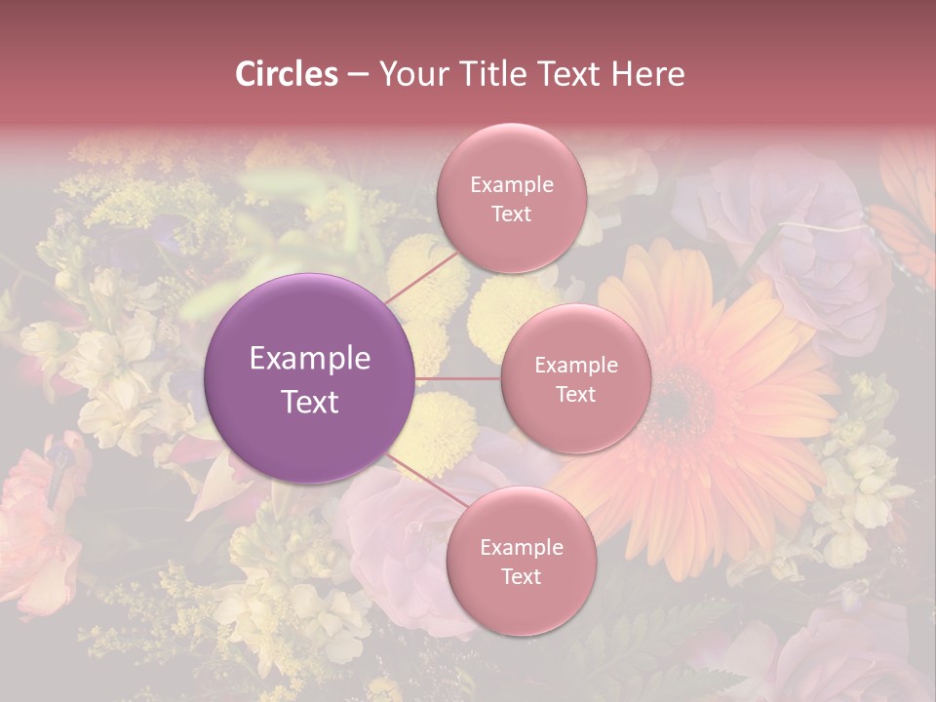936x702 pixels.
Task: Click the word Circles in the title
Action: coord(286,74)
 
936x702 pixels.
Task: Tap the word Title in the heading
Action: coord(513,74)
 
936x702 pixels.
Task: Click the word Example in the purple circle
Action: coord(310,359)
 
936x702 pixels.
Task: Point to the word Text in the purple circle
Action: coord(310,402)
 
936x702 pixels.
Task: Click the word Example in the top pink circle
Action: coord(511,184)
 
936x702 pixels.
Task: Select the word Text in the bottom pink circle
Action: coord(521,576)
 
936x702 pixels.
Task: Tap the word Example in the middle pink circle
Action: coord(575,365)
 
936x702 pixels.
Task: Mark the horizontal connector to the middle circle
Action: coord(458,378)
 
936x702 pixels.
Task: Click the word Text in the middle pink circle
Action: coord(575,394)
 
